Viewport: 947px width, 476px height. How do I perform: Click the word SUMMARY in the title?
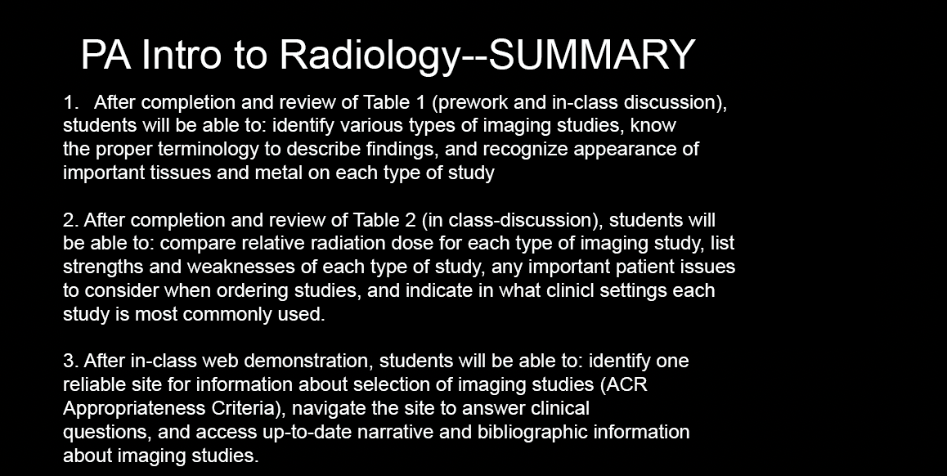591,54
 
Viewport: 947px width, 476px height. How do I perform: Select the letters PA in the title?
105,54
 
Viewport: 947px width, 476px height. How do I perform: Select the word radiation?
345,243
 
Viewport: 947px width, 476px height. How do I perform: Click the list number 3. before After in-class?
70,361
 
